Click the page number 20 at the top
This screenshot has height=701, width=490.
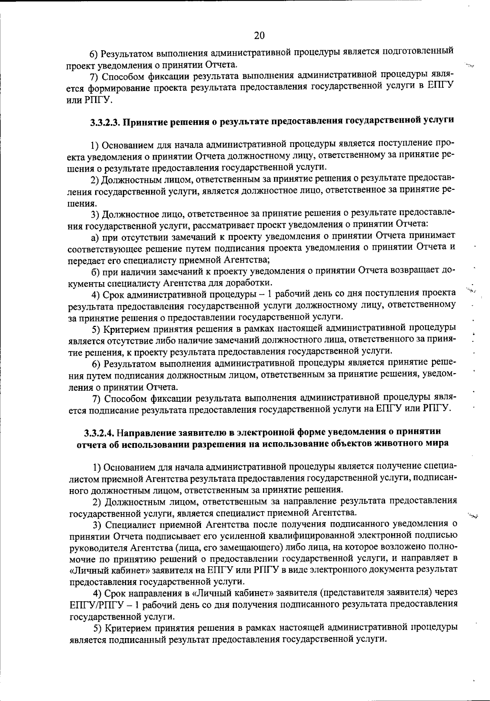259,36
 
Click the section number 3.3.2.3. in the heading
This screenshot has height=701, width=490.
105,122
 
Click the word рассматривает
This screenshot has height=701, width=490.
219,225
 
